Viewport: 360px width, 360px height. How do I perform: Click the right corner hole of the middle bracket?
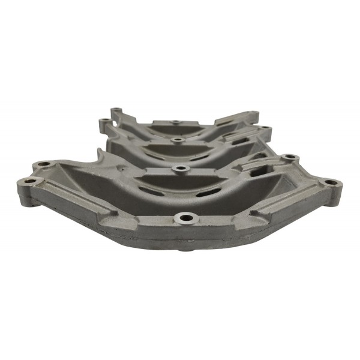263,127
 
